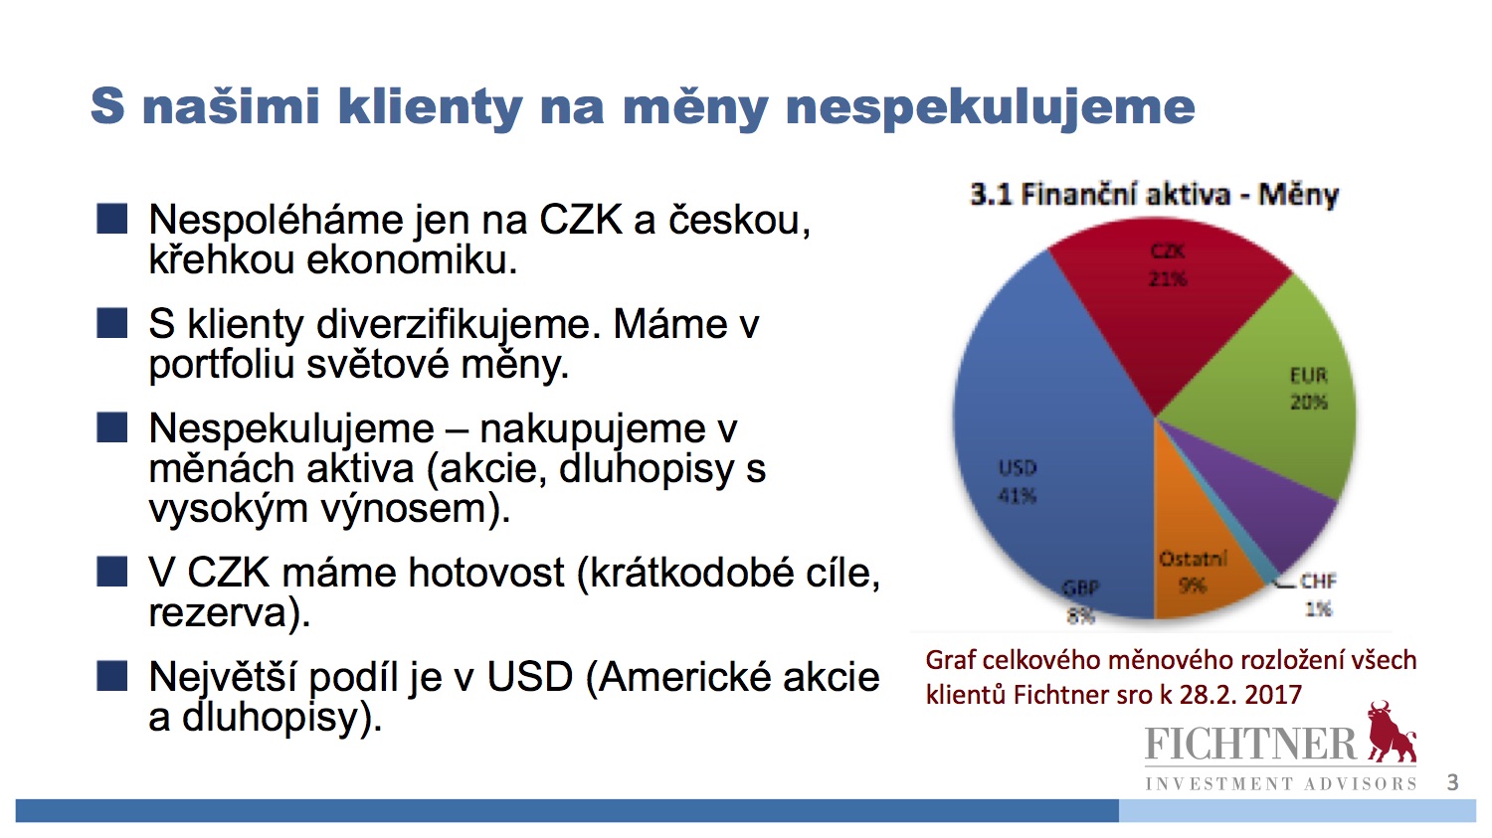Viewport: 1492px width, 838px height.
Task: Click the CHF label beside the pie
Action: pyautogui.click(x=1318, y=582)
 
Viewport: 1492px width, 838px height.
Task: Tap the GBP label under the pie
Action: pyautogui.click(x=1079, y=588)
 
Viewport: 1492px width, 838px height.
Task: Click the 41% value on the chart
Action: pyautogui.click(x=1018, y=496)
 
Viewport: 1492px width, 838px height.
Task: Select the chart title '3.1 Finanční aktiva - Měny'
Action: pyautogui.click(x=1154, y=195)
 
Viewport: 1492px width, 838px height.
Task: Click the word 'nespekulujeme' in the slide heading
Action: pyautogui.click(x=991, y=107)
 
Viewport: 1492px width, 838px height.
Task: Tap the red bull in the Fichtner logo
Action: pyautogui.click(x=1392, y=732)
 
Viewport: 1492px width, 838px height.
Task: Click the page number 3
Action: pyautogui.click(x=1452, y=782)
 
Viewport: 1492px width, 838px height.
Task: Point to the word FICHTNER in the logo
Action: pyautogui.click(x=1251, y=744)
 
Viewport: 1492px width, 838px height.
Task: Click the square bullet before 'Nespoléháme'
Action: pyautogui.click(x=111, y=219)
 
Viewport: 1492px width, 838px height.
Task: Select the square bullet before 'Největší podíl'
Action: pyautogui.click(x=111, y=676)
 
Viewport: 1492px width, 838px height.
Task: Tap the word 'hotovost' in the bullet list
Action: pyautogui.click(x=486, y=573)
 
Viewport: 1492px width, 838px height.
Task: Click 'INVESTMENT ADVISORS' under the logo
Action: pyautogui.click(x=1281, y=784)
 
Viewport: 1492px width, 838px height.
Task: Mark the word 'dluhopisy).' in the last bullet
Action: pyautogui.click(x=281, y=718)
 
